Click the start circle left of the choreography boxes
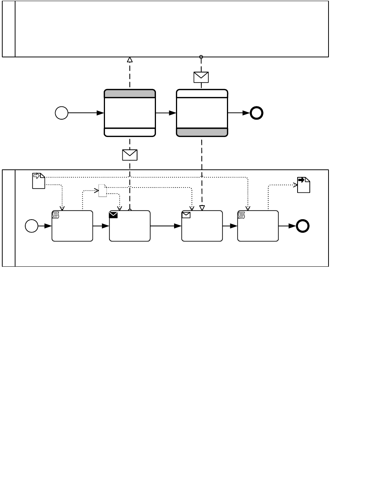click(x=62, y=113)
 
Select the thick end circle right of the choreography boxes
click(x=257, y=113)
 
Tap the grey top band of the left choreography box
click(x=130, y=94)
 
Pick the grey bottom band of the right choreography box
click(x=202, y=132)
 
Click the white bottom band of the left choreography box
click(x=130, y=132)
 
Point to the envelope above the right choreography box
click(x=201, y=77)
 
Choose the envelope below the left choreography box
click(x=130, y=155)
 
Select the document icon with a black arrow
click(x=304, y=185)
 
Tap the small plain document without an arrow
click(x=102, y=191)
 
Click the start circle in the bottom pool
click(x=32, y=226)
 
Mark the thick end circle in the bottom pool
click(x=303, y=226)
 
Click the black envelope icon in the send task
click(x=113, y=215)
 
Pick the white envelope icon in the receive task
click(x=186, y=215)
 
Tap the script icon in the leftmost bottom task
click(x=56, y=215)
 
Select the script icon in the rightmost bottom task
click(x=241, y=215)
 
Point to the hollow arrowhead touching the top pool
click(x=130, y=60)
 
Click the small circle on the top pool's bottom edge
click(x=201, y=57)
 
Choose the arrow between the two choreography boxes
click(x=166, y=113)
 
